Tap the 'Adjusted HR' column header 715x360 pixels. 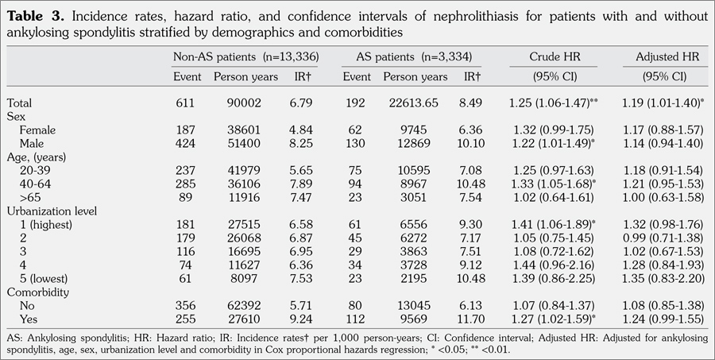tap(667, 57)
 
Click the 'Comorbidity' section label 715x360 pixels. tap(37, 292)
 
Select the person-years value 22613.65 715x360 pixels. tap(415, 103)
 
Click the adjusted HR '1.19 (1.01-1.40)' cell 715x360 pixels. tap(664, 103)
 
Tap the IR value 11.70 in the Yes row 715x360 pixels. tap(472, 319)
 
